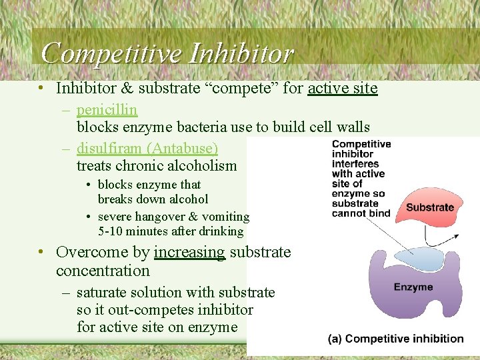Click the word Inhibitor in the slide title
pyautogui.click(x=241, y=53)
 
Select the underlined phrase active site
pyautogui.click(x=343, y=88)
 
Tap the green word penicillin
pyautogui.click(x=107, y=109)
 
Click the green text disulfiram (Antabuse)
pyautogui.click(x=147, y=148)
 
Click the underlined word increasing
pyautogui.click(x=189, y=252)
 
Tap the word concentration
pyautogui.click(x=103, y=271)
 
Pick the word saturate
pyautogui.click(x=104, y=292)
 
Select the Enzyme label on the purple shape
pyautogui.click(x=413, y=287)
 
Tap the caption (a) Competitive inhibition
pyautogui.click(x=395, y=339)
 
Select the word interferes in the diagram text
pyautogui.click(x=355, y=164)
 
